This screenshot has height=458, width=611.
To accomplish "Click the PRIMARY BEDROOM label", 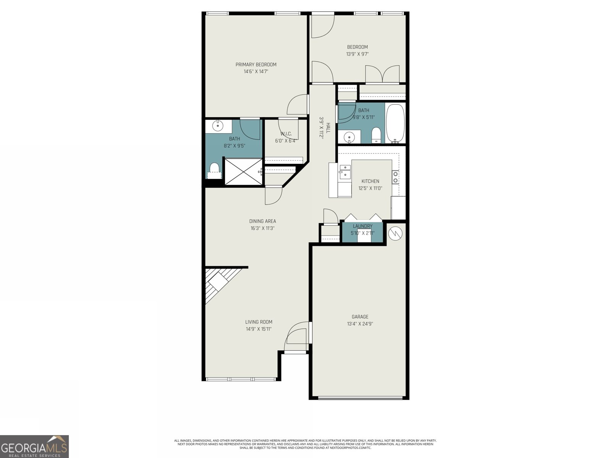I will pos(255,65).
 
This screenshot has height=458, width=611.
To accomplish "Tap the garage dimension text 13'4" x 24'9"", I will pos(360,324).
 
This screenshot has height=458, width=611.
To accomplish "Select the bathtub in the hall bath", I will pos(395,123).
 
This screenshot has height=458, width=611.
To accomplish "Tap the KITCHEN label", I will pos(370,181).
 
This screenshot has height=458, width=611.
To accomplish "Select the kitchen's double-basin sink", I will pos(345,172).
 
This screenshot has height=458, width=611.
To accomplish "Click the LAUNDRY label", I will pos(362,226).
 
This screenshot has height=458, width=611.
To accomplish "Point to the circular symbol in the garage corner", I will pos(396,233).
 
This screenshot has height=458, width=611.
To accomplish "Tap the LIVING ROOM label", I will pos(259,322).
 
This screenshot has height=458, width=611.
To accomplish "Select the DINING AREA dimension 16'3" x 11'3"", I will pos(262,228).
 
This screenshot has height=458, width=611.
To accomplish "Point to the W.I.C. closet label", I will pos(286,134).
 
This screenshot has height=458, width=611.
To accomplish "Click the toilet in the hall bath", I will pos(376,135).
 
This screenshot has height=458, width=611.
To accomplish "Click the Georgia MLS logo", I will pos(34,446).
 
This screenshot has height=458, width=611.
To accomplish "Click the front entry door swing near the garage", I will pos(297,336).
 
